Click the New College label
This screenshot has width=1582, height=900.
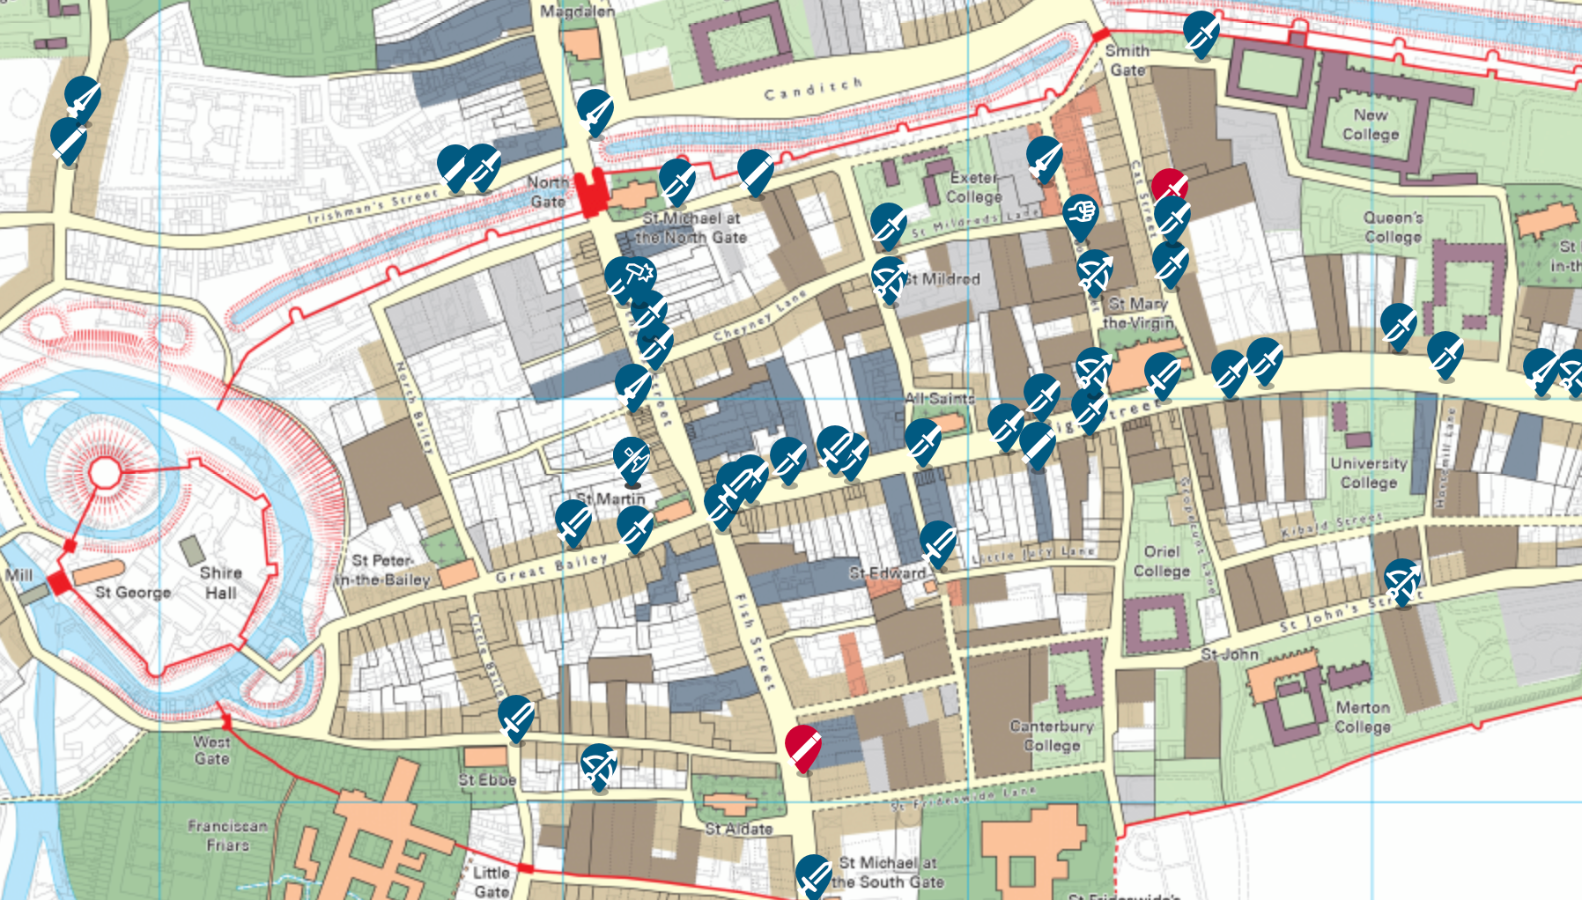point(1371,124)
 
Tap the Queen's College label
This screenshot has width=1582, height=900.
point(1393,226)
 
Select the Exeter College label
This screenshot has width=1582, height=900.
point(974,187)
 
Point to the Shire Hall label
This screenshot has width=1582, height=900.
point(220,582)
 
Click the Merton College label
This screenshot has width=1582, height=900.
point(1363,717)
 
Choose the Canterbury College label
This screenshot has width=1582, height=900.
point(1052,735)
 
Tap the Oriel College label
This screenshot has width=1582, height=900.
point(1162,561)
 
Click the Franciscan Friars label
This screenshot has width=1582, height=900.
point(227,835)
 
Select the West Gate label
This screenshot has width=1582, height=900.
point(211,749)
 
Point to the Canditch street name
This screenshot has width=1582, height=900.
point(812,89)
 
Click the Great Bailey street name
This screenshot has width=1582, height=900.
point(552,568)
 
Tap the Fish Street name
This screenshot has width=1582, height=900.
point(754,640)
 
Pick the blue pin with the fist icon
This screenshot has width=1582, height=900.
point(1080,214)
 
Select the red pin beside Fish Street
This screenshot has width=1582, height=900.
point(802,747)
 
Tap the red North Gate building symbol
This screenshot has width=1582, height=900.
point(591,192)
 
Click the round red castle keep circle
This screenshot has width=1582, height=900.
point(105,473)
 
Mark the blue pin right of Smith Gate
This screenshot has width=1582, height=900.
point(1201,32)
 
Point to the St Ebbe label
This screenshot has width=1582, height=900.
point(487,780)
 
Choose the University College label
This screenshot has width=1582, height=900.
point(1369,473)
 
